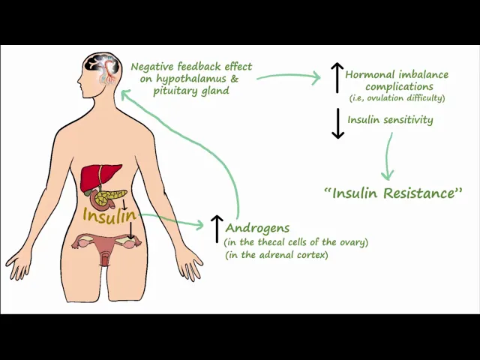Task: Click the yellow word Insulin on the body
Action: [109, 216]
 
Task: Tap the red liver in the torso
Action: [97, 179]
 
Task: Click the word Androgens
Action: [257, 227]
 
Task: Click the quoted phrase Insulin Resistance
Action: [393, 193]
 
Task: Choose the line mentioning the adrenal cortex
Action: [276, 255]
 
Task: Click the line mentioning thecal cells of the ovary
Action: [296, 241]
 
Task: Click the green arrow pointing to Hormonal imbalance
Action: [289, 76]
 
